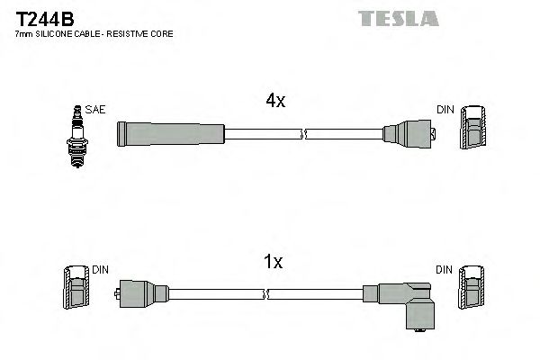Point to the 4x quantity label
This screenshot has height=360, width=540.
(x=275, y=102)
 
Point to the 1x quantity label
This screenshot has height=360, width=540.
(x=273, y=262)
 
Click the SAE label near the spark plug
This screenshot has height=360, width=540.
(x=96, y=110)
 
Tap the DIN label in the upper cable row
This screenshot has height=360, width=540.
(x=445, y=110)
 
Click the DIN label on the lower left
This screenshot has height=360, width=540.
(x=100, y=269)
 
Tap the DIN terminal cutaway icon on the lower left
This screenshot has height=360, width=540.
(x=76, y=293)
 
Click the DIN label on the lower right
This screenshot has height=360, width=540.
(x=445, y=269)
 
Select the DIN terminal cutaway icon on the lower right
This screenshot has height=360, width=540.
(x=472, y=293)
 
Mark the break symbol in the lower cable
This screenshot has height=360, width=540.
(x=267, y=293)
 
